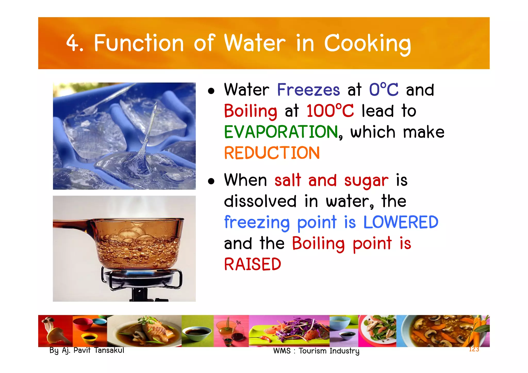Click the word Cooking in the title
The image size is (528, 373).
[x=367, y=44]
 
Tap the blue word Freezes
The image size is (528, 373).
[x=308, y=90]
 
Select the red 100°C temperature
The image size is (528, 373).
[x=330, y=111]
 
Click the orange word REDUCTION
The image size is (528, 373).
[x=272, y=153]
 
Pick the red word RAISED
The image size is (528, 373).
[x=252, y=264]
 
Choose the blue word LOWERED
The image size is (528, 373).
[x=401, y=222]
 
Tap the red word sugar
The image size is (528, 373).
[x=366, y=180]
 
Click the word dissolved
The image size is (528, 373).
[x=260, y=201]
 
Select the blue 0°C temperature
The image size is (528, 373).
[x=384, y=90]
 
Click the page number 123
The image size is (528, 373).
[x=474, y=349]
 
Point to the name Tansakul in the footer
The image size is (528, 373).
[x=109, y=350]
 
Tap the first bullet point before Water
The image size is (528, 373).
[x=211, y=91]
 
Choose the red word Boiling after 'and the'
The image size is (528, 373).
[x=318, y=243]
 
